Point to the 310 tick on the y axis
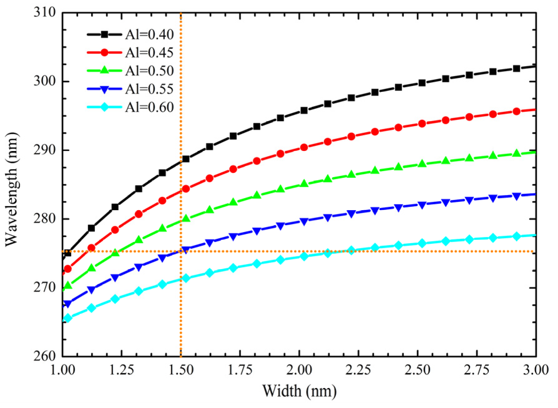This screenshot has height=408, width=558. coord(45,12)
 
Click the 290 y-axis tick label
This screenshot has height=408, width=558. coord(45,150)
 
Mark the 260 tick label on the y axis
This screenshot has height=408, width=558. coord(45,356)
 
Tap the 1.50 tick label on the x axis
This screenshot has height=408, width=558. coord(181,370)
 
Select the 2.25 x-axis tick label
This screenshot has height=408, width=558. coord(358,370)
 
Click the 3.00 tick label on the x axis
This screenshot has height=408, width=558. coord(536,370)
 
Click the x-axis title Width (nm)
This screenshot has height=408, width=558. coord(299,391)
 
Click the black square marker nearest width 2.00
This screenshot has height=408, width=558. coord(304,110)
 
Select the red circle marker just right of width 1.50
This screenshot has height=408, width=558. coord(186,189)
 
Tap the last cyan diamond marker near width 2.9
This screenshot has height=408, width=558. coord(517,236)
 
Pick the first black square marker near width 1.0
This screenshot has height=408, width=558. coord(67,253)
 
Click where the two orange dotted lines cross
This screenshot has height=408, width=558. coord(181,251)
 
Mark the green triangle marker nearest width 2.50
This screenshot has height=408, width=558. coord(422,164)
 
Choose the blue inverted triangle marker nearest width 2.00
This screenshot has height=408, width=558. coord(304,221)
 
